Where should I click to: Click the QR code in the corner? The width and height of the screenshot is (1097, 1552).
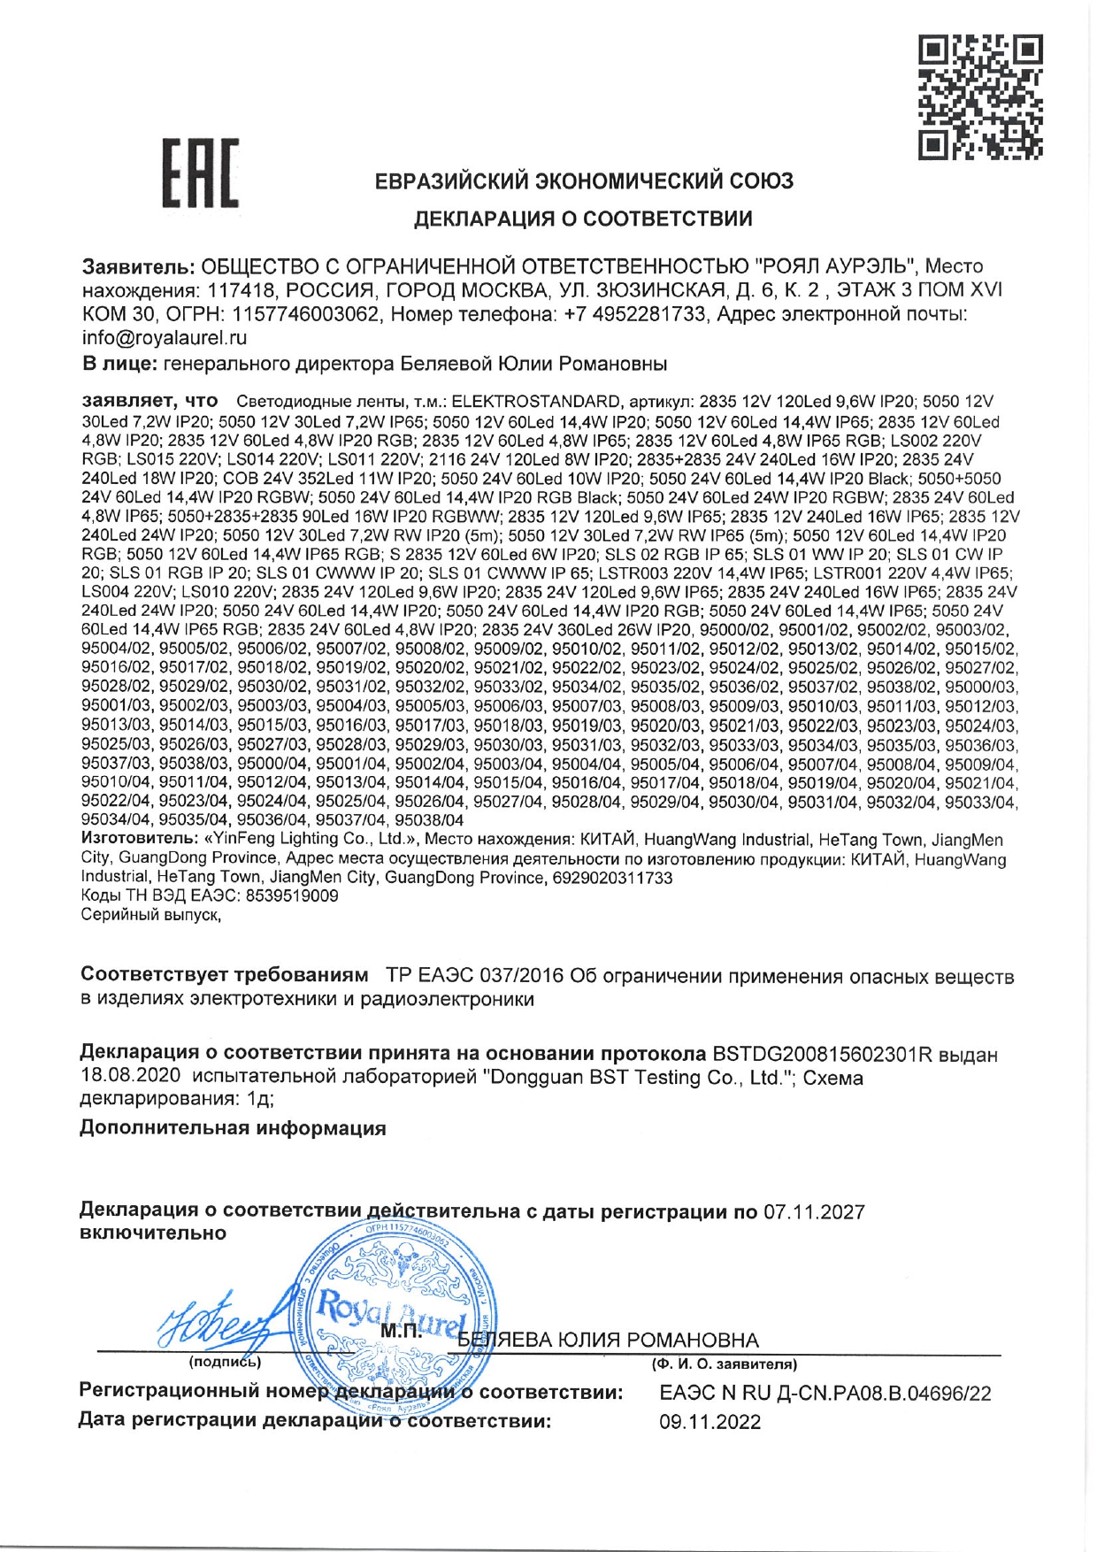coord(980,96)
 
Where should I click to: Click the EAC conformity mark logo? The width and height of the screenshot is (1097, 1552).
coord(200,173)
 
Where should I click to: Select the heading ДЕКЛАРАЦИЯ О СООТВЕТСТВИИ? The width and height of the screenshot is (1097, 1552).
coord(584,219)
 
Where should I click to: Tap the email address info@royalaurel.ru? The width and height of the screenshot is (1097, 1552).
coord(165,338)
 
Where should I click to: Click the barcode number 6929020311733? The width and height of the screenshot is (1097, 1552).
coord(612,878)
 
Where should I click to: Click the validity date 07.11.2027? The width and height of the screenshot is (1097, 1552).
coord(814,1212)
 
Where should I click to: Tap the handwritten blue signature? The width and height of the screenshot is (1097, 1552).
coord(221,1320)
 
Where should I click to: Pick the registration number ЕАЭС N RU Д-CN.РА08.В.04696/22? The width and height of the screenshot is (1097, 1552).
coord(825,1394)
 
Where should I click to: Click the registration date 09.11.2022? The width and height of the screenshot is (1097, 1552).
coord(710,1422)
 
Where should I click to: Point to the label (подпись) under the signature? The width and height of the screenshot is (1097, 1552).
coord(225,1362)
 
